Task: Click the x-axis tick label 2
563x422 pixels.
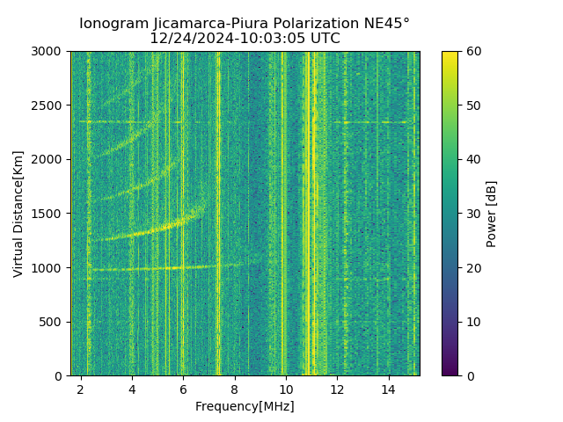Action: pyautogui.click(x=81, y=389)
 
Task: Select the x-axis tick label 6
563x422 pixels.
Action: pyautogui.click(x=183, y=389)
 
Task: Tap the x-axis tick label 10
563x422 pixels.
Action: pyautogui.click(x=286, y=389)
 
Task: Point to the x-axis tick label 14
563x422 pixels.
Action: pyautogui.click(x=388, y=389)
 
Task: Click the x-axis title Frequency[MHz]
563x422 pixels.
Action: pyautogui.click(x=245, y=406)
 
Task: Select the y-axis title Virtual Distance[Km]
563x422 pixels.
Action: pyautogui.click(x=18, y=214)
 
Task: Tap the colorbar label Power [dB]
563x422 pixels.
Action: pyautogui.click(x=492, y=214)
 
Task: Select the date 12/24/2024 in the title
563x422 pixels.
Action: pyautogui.click(x=183, y=39)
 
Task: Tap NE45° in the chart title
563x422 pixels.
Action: pyautogui.click(x=388, y=24)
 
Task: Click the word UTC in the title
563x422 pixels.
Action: pyautogui.click(x=325, y=39)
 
